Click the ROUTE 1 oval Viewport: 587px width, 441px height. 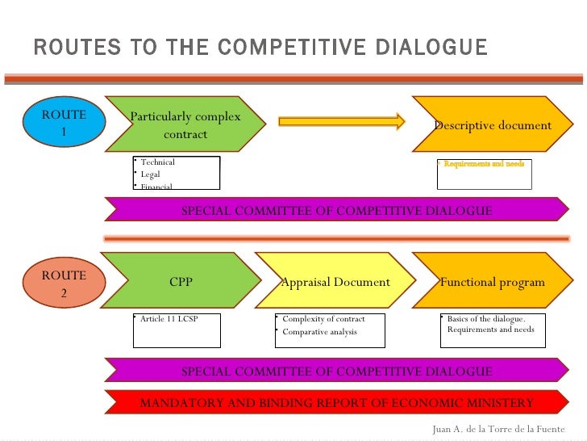64,123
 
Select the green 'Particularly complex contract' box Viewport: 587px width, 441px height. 185,125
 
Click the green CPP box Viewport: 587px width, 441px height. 181,282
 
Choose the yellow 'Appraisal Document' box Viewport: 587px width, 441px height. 335,282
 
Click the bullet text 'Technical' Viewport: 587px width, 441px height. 157,162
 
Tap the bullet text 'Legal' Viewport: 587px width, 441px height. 150,174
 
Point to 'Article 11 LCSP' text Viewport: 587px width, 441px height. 169,319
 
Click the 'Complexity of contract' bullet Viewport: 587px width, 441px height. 323,319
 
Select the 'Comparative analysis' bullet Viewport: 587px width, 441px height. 319,332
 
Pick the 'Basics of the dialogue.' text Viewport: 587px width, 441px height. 485,319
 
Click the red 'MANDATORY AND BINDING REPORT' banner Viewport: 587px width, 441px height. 336,402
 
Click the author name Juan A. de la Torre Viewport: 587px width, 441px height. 498,429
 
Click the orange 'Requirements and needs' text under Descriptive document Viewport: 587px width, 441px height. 484,164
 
